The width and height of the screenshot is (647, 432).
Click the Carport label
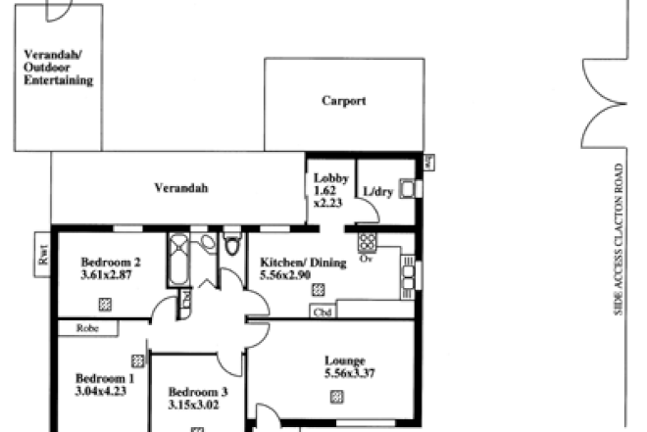click(x=344, y=101)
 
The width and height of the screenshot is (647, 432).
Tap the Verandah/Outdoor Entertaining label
click(x=59, y=68)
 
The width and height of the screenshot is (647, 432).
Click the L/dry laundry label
click(x=377, y=192)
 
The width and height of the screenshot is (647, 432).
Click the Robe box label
click(x=88, y=330)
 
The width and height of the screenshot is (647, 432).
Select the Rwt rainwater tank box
click(x=42, y=256)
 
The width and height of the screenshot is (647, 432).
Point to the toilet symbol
click(x=231, y=245)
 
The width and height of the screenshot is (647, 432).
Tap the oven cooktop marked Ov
click(x=368, y=242)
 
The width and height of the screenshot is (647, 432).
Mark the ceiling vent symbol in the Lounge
click(x=336, y=396)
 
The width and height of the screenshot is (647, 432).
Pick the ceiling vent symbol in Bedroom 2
click(x=104, y=305)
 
